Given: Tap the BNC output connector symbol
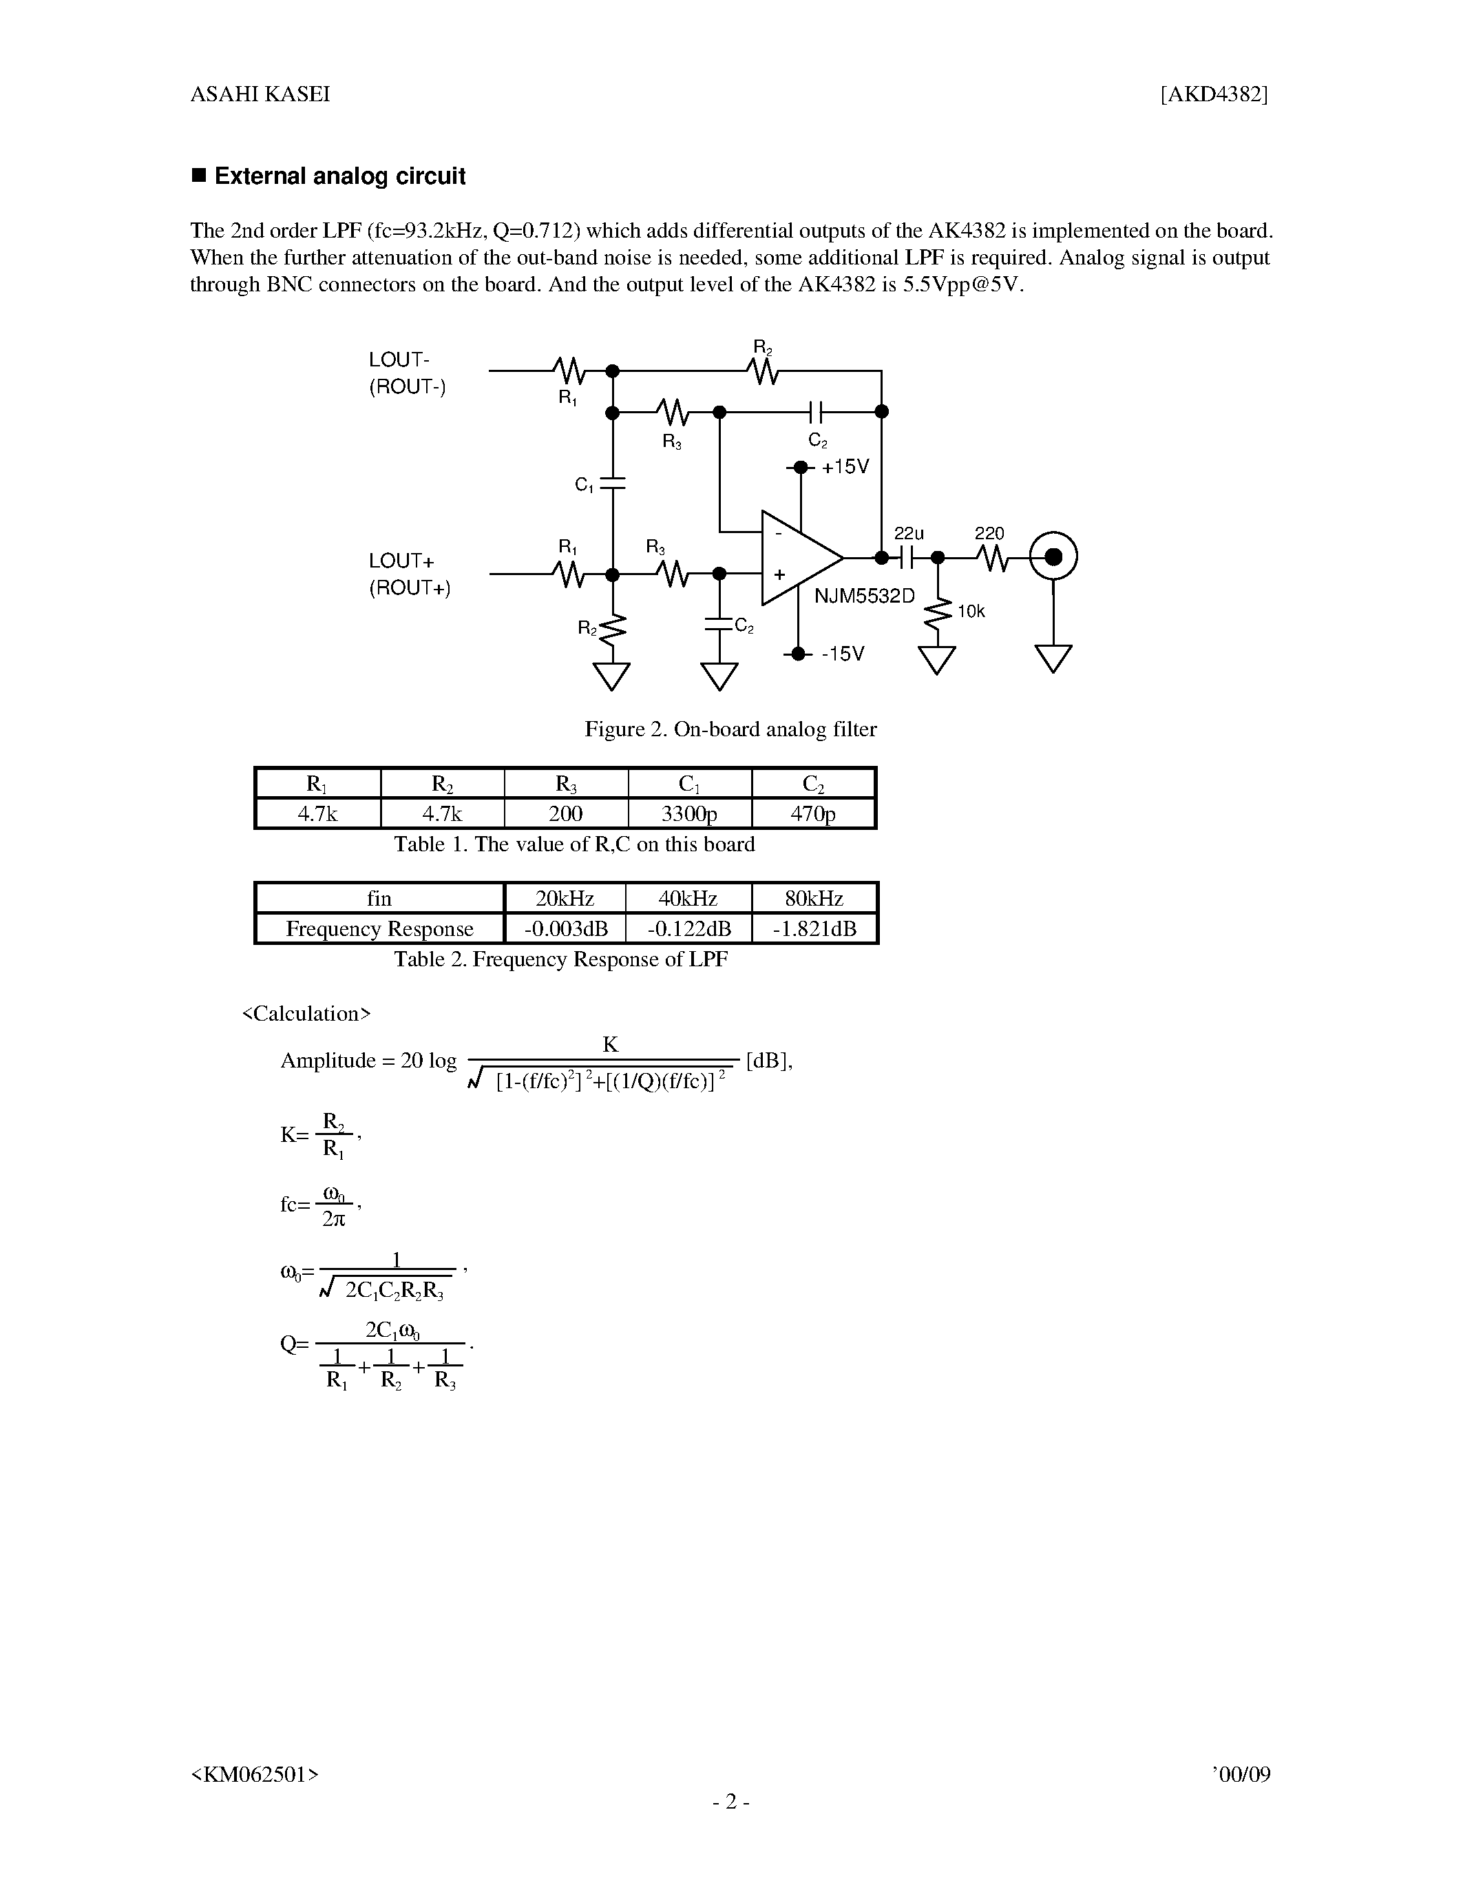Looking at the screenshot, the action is tap(1053, 556).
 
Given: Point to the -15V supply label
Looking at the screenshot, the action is tap(843, 654).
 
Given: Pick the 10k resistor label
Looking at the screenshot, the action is tap(971, 612).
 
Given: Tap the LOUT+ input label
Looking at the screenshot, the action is tap(401, 561).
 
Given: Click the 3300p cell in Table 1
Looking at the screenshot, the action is tap(689, 813).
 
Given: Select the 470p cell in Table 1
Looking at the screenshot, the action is tap(813, 813).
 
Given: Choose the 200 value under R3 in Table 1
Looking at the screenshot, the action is tap(565, 813).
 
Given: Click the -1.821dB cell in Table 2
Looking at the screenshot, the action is tap(814, 929).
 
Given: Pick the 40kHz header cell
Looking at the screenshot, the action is tap(688, 898).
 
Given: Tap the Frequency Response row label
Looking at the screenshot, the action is tap(379, 929).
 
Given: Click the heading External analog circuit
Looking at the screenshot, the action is tap(339, 176).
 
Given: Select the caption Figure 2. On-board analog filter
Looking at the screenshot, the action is tap(730, 729).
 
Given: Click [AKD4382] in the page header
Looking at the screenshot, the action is tap(1214, 94).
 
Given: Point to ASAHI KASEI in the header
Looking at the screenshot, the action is tap(260, 94).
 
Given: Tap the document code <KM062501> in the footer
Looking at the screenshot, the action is tap(255, 1774).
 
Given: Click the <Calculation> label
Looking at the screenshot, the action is tap(306, 1014).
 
